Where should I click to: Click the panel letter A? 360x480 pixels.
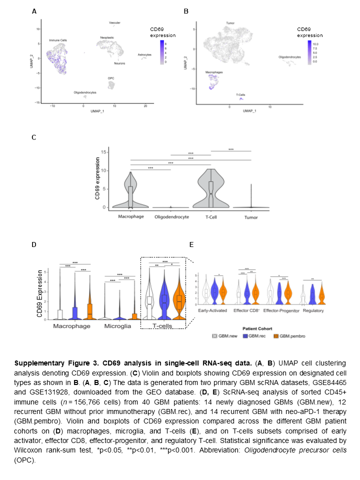34,11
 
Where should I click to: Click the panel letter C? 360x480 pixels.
34,137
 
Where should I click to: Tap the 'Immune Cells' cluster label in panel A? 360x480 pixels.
58,39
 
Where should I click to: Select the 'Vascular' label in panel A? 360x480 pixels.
115,22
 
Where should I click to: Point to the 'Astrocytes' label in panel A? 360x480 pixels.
145,54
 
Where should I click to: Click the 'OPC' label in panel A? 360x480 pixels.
110,78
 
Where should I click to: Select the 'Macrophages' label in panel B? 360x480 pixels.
213,72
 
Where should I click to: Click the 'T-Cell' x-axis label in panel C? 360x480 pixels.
211,216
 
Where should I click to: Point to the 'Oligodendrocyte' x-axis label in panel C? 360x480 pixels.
171,216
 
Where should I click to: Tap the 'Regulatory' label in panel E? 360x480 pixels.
312,310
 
